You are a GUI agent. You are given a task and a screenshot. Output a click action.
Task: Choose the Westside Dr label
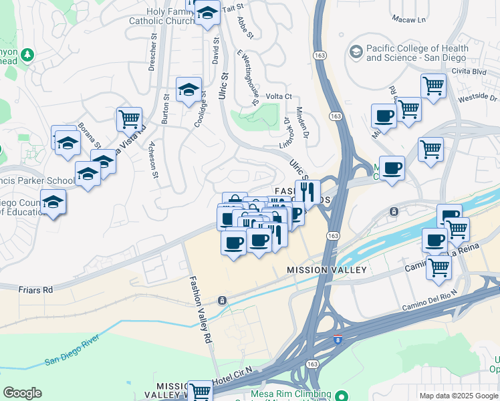coord(477,98)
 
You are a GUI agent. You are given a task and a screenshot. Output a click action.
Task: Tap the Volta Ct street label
coord(279,96)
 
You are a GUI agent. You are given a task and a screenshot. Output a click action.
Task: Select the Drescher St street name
coord(153,56)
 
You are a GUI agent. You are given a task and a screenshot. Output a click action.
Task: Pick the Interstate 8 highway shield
coord(338,340)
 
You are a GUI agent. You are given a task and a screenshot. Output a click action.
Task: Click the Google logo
coord(22,392)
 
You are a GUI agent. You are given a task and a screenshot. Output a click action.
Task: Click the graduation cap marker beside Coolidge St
coord(189,90)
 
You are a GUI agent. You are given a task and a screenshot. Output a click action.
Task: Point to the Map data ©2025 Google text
coord(458,396)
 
